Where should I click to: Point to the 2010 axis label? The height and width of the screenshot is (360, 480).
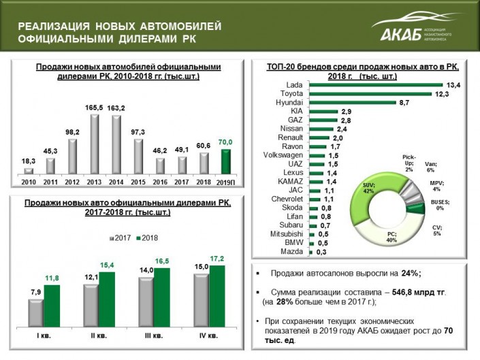29,182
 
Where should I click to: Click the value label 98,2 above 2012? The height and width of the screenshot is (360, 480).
73,132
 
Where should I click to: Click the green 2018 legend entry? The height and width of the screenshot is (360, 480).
146,238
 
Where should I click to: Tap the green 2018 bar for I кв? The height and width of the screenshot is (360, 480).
52,306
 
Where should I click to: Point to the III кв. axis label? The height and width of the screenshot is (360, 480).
152,336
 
